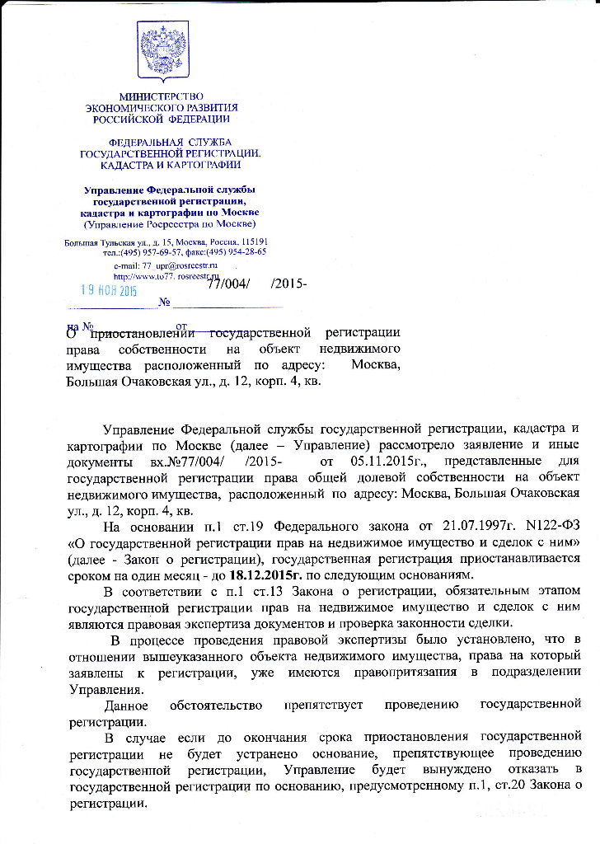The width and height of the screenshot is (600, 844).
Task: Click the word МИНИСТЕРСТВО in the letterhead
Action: (x=162, y=97)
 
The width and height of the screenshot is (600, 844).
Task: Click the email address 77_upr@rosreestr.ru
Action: (x=179, y=265)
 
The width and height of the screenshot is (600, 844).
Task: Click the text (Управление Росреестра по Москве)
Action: (x=170, y=223)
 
